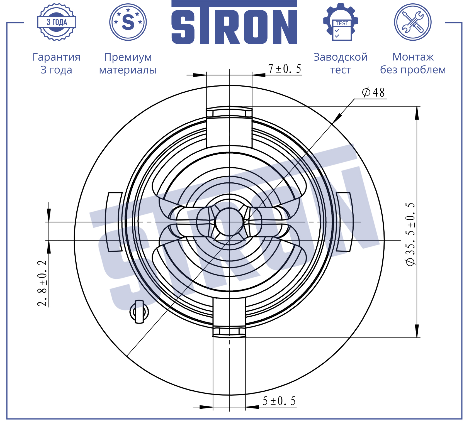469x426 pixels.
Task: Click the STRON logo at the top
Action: pyautogui.click(x=234, y=22)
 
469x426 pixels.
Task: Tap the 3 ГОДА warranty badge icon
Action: pyautogui.click(x=57, y=22)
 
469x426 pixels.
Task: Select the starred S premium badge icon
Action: pyautogui.click(x=128, y=22)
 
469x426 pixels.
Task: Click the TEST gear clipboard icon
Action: pyautogui.click(x=341, y=22)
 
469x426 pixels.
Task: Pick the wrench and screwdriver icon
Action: pyautogui.click(x=413, y=22)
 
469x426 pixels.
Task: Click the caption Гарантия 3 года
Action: pyautogui.click(x=57, y=63)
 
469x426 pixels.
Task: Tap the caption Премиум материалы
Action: pyautogui.click(x=128, y=63)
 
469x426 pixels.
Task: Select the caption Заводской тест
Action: pyautogui.click(x=341, y=63)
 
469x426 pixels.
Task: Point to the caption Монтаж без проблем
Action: pyautogui.click(x=413, y=63)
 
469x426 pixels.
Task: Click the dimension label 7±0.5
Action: pyautogui.click(x=285, y=69)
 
